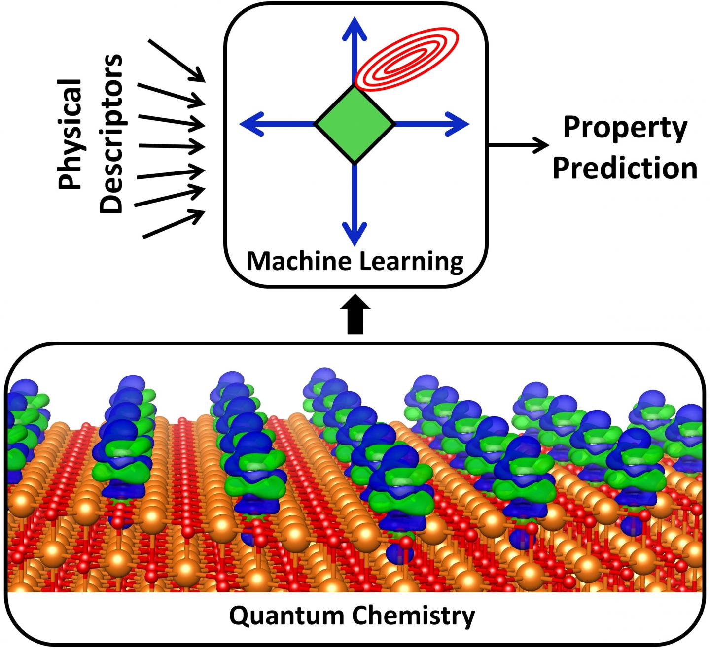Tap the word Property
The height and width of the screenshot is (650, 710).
coord(625,128)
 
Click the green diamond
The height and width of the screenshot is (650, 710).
coord(355,124)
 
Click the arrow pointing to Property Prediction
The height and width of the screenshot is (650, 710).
coord(518,145)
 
